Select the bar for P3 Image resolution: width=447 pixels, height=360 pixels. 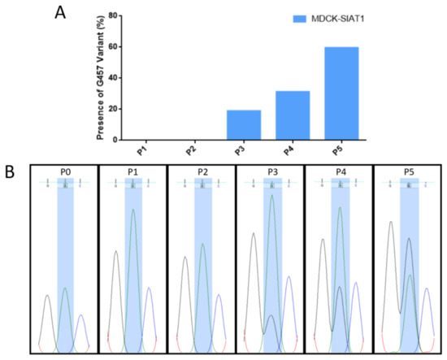click(244, 124)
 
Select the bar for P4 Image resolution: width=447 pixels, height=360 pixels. click(293, 115)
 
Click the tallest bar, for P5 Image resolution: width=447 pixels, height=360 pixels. click(341, 93)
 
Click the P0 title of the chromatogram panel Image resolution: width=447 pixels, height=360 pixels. click(64, 171)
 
